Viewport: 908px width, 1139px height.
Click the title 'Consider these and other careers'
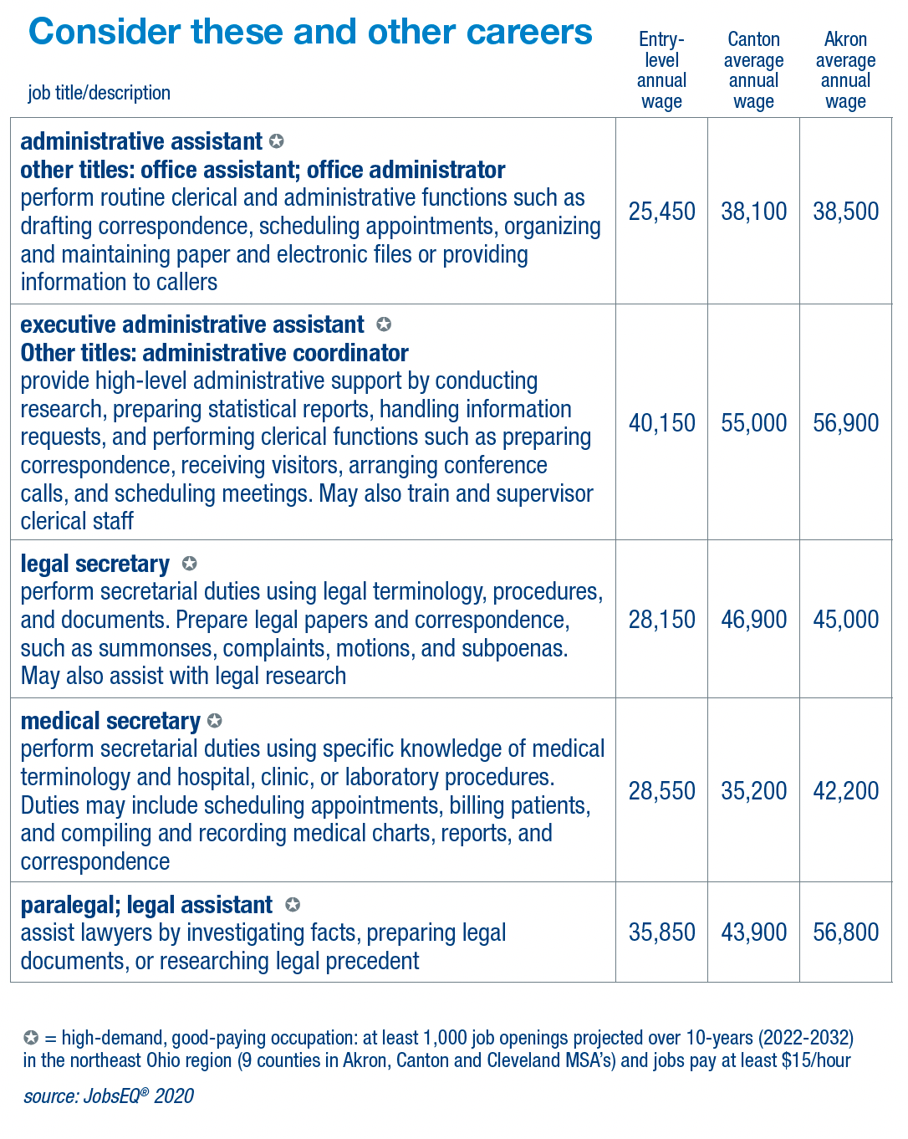[x=310, y=33]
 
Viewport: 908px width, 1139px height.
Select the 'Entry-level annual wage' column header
[x=661, y=70]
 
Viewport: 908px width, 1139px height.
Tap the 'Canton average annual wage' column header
[x=753, y=70]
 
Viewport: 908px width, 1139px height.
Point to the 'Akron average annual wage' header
[x=845, y=70]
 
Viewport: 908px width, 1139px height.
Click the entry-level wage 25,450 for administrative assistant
[x=661, y=212]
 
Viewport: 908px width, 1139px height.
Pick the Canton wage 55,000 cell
[x=753, y=423]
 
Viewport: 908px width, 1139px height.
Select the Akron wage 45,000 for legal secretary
[x=845, y=620]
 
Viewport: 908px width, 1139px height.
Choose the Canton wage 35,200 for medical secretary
[x=753, y=791]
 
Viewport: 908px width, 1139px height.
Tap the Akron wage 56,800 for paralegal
[x=845, y=932]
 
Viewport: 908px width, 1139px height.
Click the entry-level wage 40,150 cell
[x=661, y=423]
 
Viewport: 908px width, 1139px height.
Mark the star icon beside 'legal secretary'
[x=190, y=564]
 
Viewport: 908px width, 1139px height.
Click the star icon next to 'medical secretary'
[x=215, y=720]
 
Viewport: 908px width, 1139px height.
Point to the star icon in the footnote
[x=31, y=1038]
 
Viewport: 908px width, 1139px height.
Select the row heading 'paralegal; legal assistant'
[x=146, y=905]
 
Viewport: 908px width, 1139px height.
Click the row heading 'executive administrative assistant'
[x=192, y=324]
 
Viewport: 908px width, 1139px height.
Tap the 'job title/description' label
[x=99, y=93]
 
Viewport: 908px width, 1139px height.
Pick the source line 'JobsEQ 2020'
[x=109, y=1096]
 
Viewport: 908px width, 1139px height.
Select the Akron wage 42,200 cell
[x=845, y=791]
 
